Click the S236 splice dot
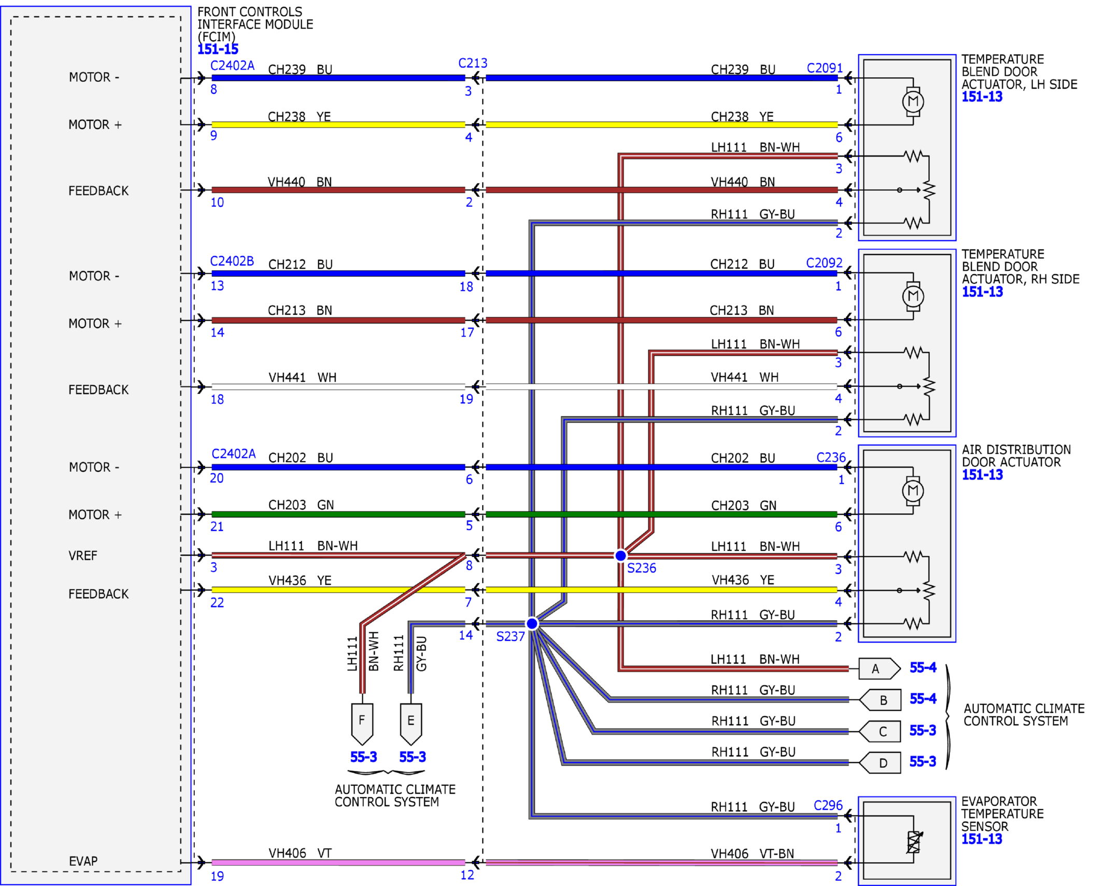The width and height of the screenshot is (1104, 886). pos(620,555)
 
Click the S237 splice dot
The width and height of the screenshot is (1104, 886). pos(532,623)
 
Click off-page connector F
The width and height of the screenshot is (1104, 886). pos(362,724)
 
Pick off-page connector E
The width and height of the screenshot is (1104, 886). pos(411,724)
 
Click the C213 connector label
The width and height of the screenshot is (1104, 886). pos(473,63)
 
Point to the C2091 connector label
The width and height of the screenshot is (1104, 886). pos(825,68)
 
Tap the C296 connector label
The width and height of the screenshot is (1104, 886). pos(828,805)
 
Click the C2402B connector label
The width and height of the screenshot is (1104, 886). pos(232,261)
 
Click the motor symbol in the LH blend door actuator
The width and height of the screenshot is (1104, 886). pos(913,102)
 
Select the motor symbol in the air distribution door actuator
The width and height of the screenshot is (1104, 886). pos(913,491)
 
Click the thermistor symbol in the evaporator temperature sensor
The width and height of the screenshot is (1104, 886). pos(913,842)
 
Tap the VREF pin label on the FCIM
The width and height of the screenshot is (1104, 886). pos(82,556)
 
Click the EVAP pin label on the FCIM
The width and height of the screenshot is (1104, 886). pos(83,861)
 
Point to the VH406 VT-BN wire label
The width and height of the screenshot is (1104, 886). pos(752,854)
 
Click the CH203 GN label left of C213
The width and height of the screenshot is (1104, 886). pos(301,505)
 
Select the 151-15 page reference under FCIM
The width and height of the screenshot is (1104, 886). pos(218,49)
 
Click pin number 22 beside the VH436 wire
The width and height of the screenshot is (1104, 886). pos(217,602)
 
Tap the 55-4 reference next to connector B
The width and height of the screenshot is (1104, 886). pos(923,699)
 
